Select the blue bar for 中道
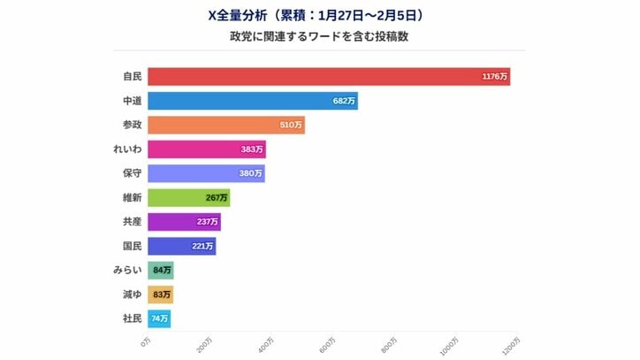[x=253, y=101]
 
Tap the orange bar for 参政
[x=226, y=126]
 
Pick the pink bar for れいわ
[x=207, y=149]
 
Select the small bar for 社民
[x=159, y=318]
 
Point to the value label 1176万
[x=495, y=77]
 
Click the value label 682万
[x=344, y=102]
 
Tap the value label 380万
[x=250, y=173]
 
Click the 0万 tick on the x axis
[x=148, y=341]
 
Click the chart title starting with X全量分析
[x=320, y=15]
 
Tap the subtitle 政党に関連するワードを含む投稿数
[x=320, y=37]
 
